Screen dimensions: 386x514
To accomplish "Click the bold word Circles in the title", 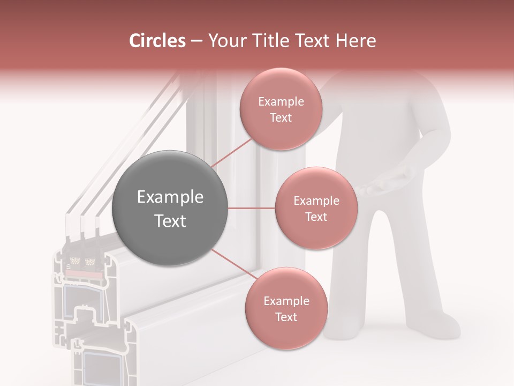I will (x=157, y=41).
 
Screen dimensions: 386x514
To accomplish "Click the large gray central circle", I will (x=170, y=209).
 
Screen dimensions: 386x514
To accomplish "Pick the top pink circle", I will (x=281, y=109).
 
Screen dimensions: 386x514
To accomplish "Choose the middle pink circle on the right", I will (x=316, y=209).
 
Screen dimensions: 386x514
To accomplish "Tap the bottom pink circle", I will (x=286, y=309).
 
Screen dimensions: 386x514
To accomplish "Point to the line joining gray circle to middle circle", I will (x=251, y=208).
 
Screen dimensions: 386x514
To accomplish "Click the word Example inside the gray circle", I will (x=170, y=197).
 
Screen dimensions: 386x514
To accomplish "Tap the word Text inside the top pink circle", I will (x=281, y=118).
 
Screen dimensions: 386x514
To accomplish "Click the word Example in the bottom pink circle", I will (x=286, y=301).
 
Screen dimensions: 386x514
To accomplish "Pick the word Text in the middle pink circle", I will (x=316, y=217).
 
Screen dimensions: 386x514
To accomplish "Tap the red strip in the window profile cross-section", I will (x=83, y=274).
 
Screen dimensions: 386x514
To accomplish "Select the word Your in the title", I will (x=224, y=41).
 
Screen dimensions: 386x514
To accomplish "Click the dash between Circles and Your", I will (x=196, y=41).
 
